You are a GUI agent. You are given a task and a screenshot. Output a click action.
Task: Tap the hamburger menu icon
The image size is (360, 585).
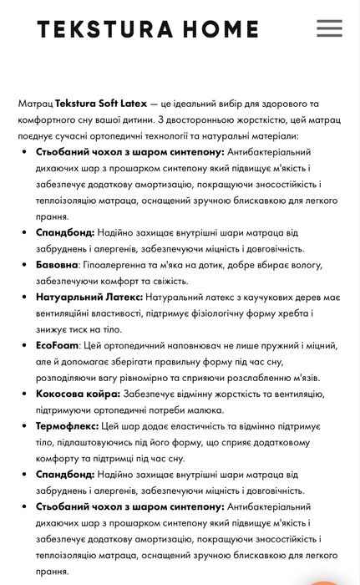click(x=329, y=28)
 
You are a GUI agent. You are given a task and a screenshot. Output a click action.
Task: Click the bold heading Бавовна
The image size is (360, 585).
click(x=58, y=263)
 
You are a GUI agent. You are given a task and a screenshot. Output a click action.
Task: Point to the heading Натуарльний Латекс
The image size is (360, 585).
click(x=89, y=296)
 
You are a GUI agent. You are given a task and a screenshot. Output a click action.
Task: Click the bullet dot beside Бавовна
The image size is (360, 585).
click(x=24, y=264)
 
